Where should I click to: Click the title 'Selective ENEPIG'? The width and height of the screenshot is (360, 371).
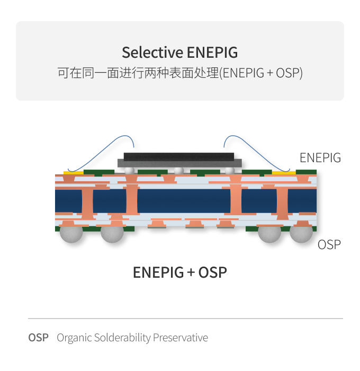[179, 53]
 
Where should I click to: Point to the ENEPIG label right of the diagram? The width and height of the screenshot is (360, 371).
[320, 157]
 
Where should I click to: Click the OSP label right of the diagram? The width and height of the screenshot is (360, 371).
[329, 244]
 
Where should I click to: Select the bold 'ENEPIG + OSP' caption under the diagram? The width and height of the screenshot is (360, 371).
[179, 272]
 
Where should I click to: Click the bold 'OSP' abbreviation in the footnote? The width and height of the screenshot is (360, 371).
[38, 338]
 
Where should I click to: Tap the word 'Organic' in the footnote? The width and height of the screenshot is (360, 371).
[74, 338]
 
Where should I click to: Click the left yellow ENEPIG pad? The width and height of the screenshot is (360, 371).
[73, 172]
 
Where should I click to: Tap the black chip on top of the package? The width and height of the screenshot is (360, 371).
[178, 156]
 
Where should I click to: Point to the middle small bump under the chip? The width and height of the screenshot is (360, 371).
[179, 170]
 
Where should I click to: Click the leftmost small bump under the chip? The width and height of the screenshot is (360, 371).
[129, 170]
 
